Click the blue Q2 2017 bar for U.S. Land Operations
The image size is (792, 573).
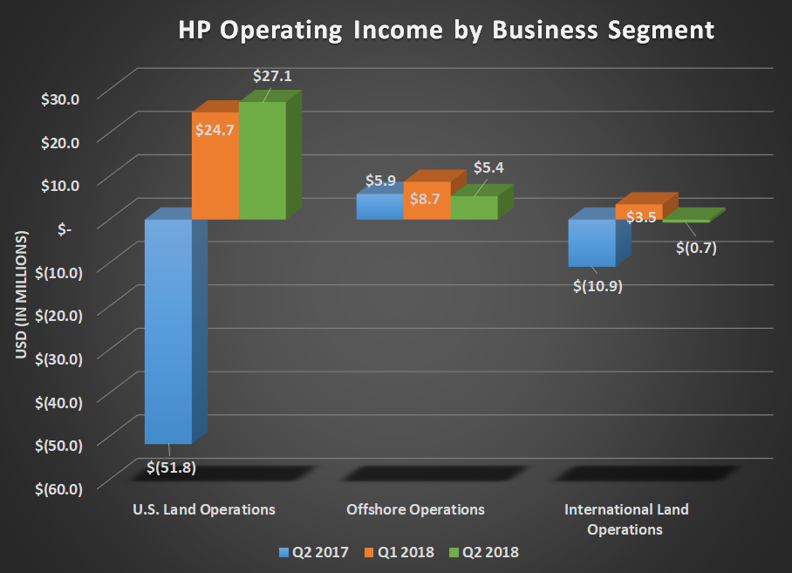[x=167, y=331]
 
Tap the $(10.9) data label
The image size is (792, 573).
[x=596, y=284]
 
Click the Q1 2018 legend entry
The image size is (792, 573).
[x=403, y=552]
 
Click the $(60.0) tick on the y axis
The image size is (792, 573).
[x=54, y=488]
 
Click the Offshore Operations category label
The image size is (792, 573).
[x=415, y=509]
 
